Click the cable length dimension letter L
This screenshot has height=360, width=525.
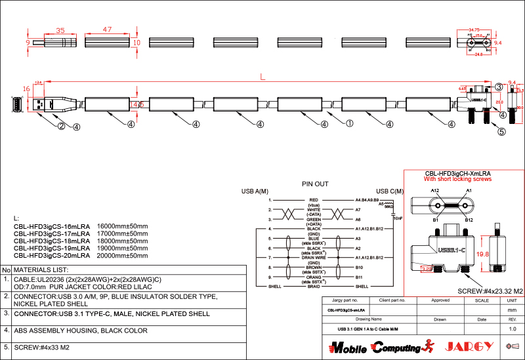click(262, 77)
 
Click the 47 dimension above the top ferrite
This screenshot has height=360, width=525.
click(107, 30)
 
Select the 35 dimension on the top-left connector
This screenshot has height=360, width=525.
click(60, 30)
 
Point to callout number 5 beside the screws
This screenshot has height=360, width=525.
click(502, 131)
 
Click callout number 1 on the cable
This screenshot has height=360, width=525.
click(350, 123)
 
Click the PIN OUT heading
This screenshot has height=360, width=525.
click(315, 184)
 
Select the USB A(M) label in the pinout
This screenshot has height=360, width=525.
click(255, 191)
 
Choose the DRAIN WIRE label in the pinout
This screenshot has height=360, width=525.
click(314, 258)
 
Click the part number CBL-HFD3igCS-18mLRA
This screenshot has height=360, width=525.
click(52, 241)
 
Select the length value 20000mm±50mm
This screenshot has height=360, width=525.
click(123, 256)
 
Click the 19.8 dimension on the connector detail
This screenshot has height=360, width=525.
click(483, 254)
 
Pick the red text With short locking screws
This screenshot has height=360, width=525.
click(458, 179)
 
